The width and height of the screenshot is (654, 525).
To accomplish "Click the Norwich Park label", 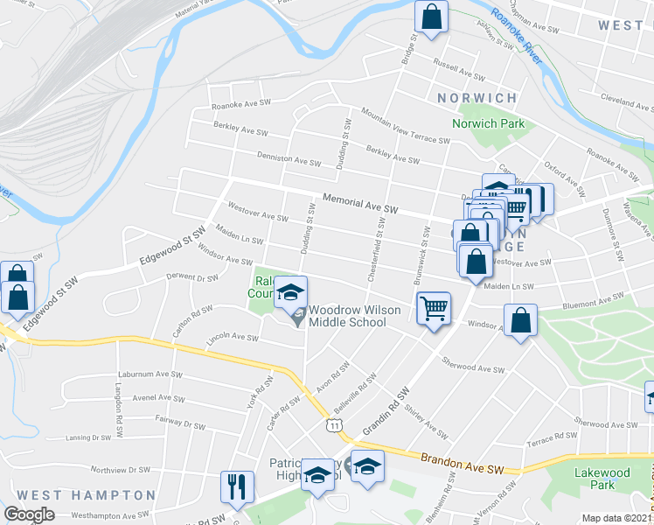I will pyautogui.click(x=488, y=123).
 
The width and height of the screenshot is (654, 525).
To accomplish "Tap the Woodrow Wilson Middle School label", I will pyautogui.click(x=348, y=316).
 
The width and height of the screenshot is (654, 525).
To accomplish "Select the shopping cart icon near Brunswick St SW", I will pyautogui.click(x=435, y=309).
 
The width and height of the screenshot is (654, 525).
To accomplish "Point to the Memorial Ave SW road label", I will pyautogui.click(x=359, y=205).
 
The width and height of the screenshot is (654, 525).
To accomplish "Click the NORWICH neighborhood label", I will pyautogui.click(x=477, y=98).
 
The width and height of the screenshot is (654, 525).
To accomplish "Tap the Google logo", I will pyautogui.click(x=29, y=514).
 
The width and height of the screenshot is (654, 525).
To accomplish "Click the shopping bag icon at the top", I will pyautogui.click(x=431, y=17).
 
